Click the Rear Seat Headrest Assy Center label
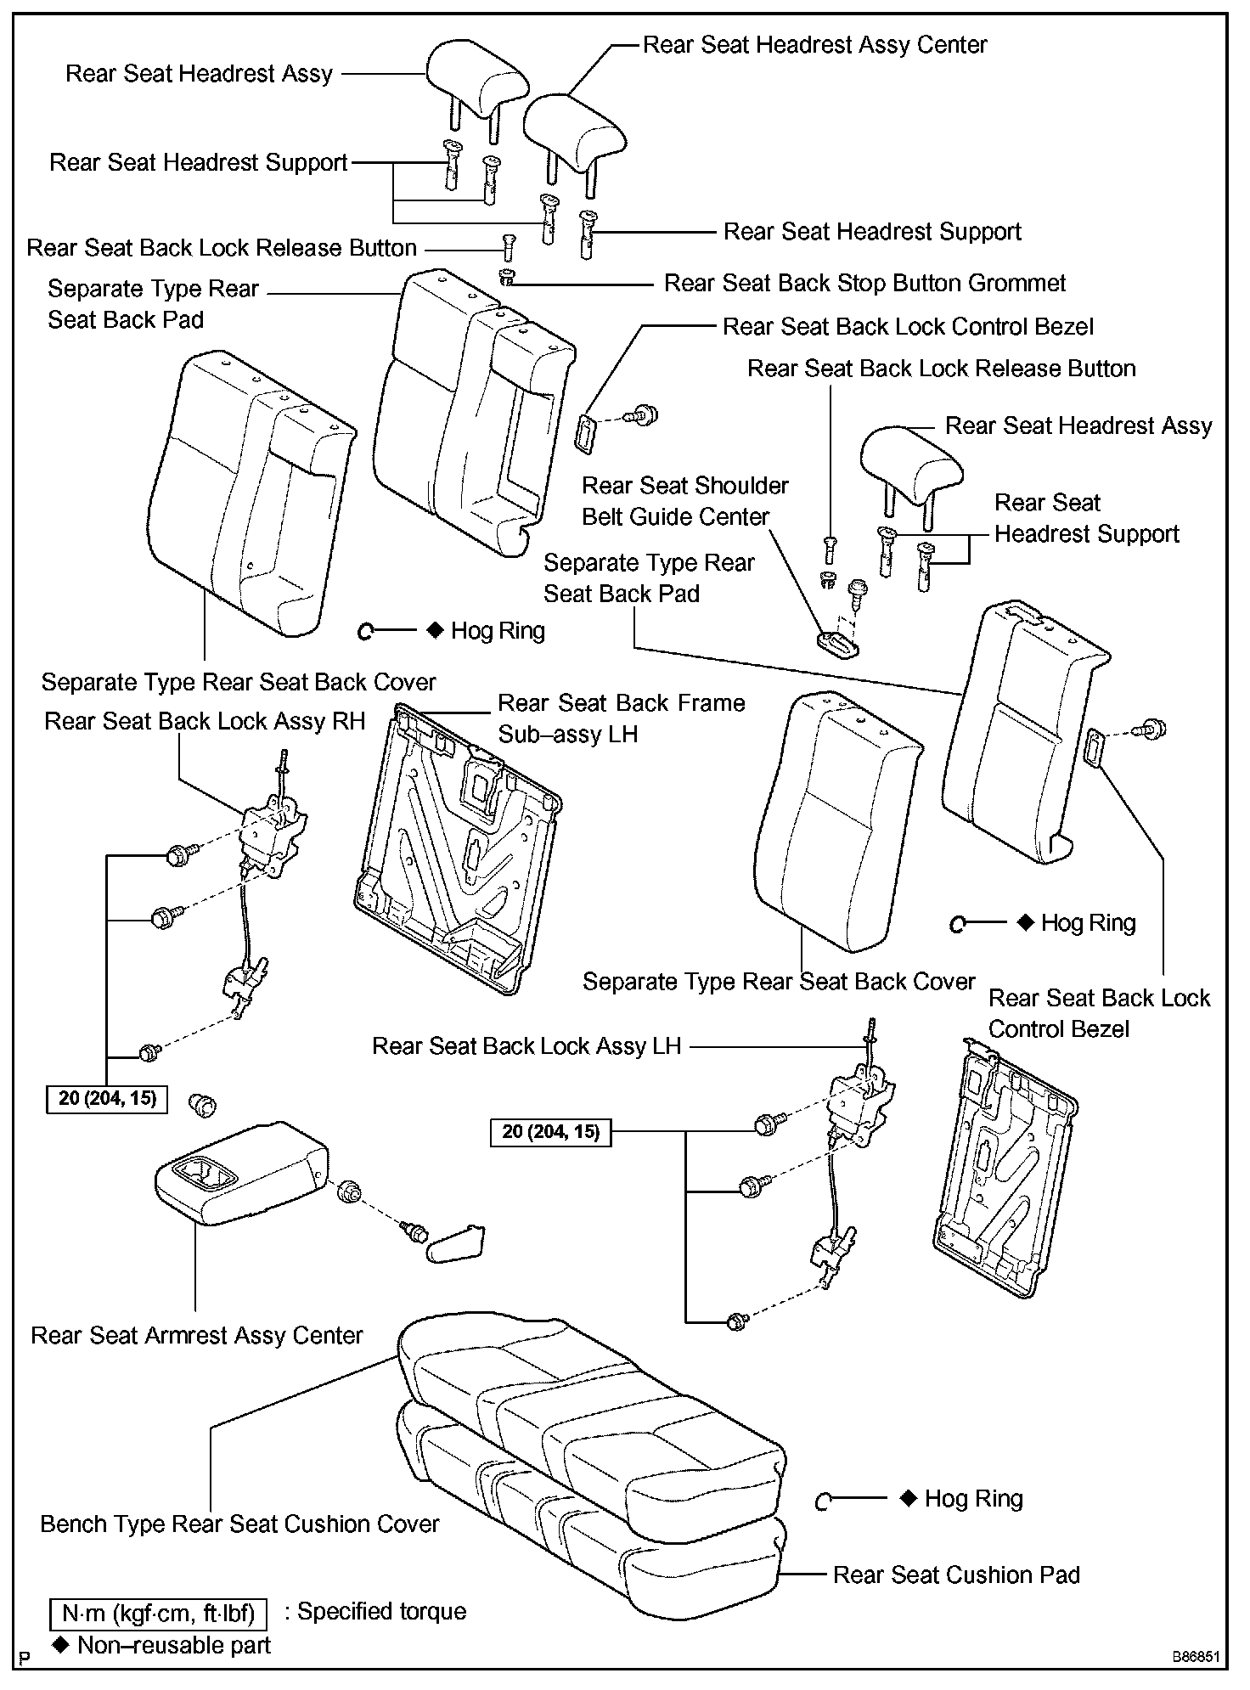tap(814, 45)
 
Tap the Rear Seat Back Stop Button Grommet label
tap(864, 284)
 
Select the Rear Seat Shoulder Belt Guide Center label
tap(684, 501)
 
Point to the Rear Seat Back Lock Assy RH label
tap(205, 722)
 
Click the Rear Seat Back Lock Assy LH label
tap(526, 1046)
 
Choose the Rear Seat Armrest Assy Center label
tap(197, 1336)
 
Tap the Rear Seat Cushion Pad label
tap(956, 1575)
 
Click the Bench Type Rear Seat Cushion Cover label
tap(239, 1524)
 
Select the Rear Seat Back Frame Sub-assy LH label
tap(621, 718)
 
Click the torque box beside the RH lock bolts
tap(107, 1099)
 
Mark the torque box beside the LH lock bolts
tap(551, 1132)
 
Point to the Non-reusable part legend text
tap(173, 1646)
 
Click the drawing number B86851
tap(1197, 1657)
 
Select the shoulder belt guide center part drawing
tap(839, 643)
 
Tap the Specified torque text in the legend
tap(381, 1612)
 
